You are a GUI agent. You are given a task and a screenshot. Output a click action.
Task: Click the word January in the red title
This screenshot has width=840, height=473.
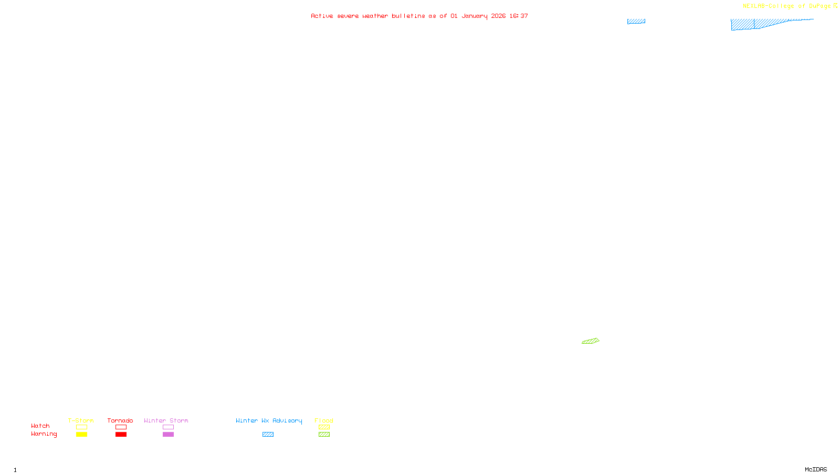474,16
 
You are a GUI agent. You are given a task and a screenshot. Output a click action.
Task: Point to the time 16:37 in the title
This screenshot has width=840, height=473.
519,16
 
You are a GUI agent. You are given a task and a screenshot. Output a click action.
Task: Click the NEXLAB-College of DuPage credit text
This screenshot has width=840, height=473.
786,6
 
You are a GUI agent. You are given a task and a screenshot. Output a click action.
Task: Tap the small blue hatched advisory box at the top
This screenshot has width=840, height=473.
636,22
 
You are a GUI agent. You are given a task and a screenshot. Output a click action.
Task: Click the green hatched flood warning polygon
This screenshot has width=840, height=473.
591,341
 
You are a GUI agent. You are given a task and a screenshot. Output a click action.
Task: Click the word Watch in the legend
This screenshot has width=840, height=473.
40,426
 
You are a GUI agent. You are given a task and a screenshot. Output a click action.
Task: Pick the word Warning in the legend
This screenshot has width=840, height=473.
44,434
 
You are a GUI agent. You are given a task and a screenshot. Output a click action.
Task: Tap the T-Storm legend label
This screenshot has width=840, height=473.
81,420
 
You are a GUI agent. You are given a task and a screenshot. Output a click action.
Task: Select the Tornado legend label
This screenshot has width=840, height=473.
120,420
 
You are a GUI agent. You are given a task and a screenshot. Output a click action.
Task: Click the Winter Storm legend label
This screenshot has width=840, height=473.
166,420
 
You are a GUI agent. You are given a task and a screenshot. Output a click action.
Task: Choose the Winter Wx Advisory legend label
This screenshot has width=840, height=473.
269,420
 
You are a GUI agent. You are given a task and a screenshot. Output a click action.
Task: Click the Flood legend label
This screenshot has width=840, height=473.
324,420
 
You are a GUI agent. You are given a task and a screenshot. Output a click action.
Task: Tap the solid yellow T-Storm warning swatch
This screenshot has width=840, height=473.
81,435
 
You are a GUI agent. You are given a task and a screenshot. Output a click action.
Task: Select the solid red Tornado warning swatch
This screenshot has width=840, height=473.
121,435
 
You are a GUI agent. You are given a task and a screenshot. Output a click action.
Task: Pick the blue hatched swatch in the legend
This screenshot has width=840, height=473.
268,435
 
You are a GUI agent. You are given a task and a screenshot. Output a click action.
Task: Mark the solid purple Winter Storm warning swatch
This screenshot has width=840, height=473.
168,435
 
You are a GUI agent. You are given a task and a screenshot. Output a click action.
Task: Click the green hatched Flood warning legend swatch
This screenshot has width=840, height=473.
324,435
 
